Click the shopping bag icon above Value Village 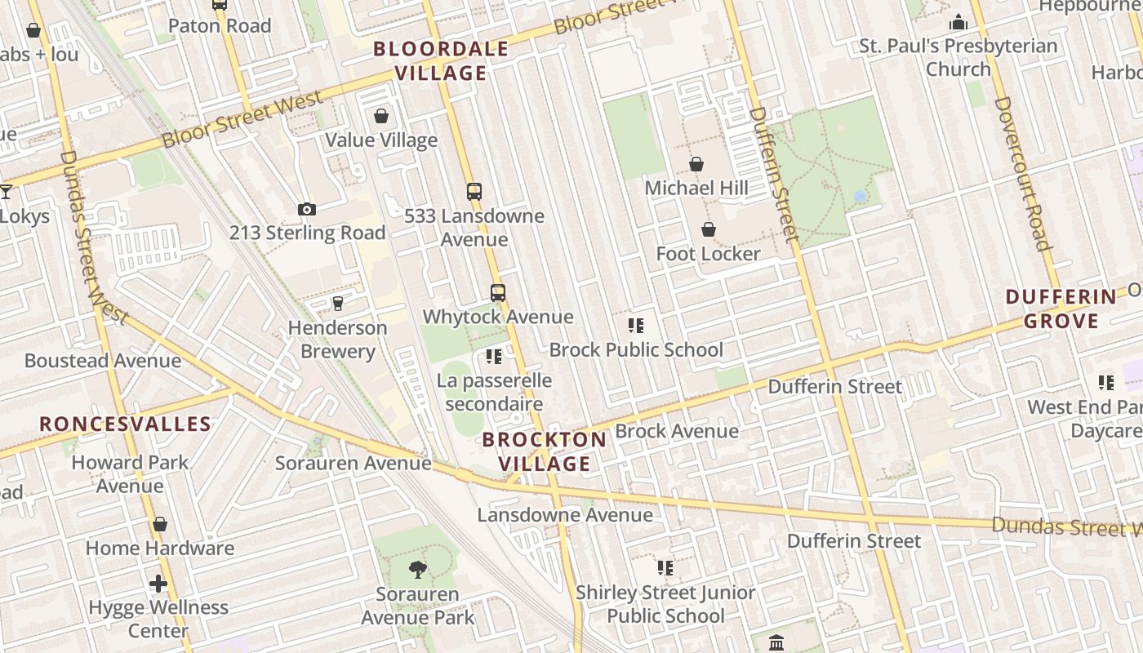[x=380, y=117]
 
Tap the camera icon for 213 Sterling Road [x=307, y=210]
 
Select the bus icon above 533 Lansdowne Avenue [x=474, y=192]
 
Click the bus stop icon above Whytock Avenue [x=498, y=293]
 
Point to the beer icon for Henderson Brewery [x=338, y=304]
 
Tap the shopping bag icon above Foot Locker [x=709, y=230]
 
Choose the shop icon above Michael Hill [x=696, y=165]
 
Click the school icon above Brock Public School [x=636, y=326]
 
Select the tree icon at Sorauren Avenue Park [x=418, y=570]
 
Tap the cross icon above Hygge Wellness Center [x=159, y=584]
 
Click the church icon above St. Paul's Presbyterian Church [x=958, y=22]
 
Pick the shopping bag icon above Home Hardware [x=160, y=524]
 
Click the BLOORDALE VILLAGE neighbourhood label [x=441, y=61]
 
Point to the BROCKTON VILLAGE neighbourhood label [x=545, y=451]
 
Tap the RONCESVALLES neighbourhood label [x=126, y=424]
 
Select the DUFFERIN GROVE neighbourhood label [x=1061, y=309]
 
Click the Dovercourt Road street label [x=1021, y=173]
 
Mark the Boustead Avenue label [x=103, y=361]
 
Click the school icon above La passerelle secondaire [x=493, y=357]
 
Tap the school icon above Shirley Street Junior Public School [x=665, y=568]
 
